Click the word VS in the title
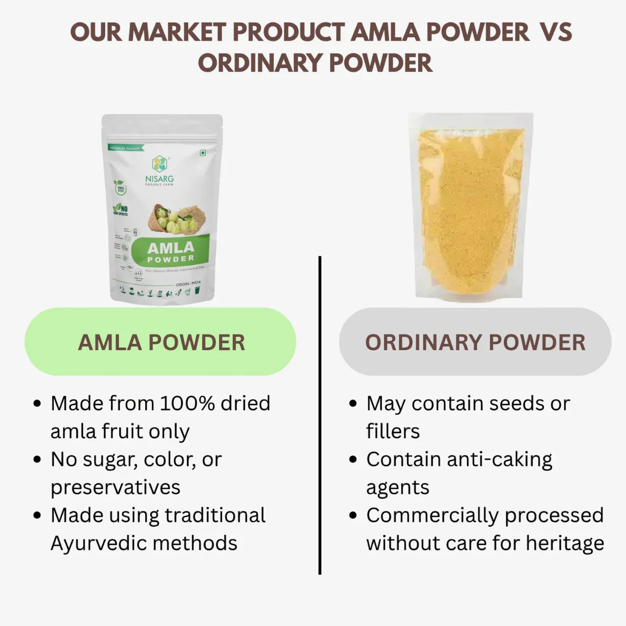coord(556,32)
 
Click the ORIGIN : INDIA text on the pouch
coord(188,284)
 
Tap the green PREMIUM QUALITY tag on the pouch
coord(125,148)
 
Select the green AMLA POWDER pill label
coord(160,342)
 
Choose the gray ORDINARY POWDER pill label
coord(475,342)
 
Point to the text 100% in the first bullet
coord(187,403)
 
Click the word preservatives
coord(115,488)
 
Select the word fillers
coord(393,431)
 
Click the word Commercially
coord(432,515)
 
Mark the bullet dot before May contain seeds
coord(354,404)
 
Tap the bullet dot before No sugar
coord(38,460)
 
